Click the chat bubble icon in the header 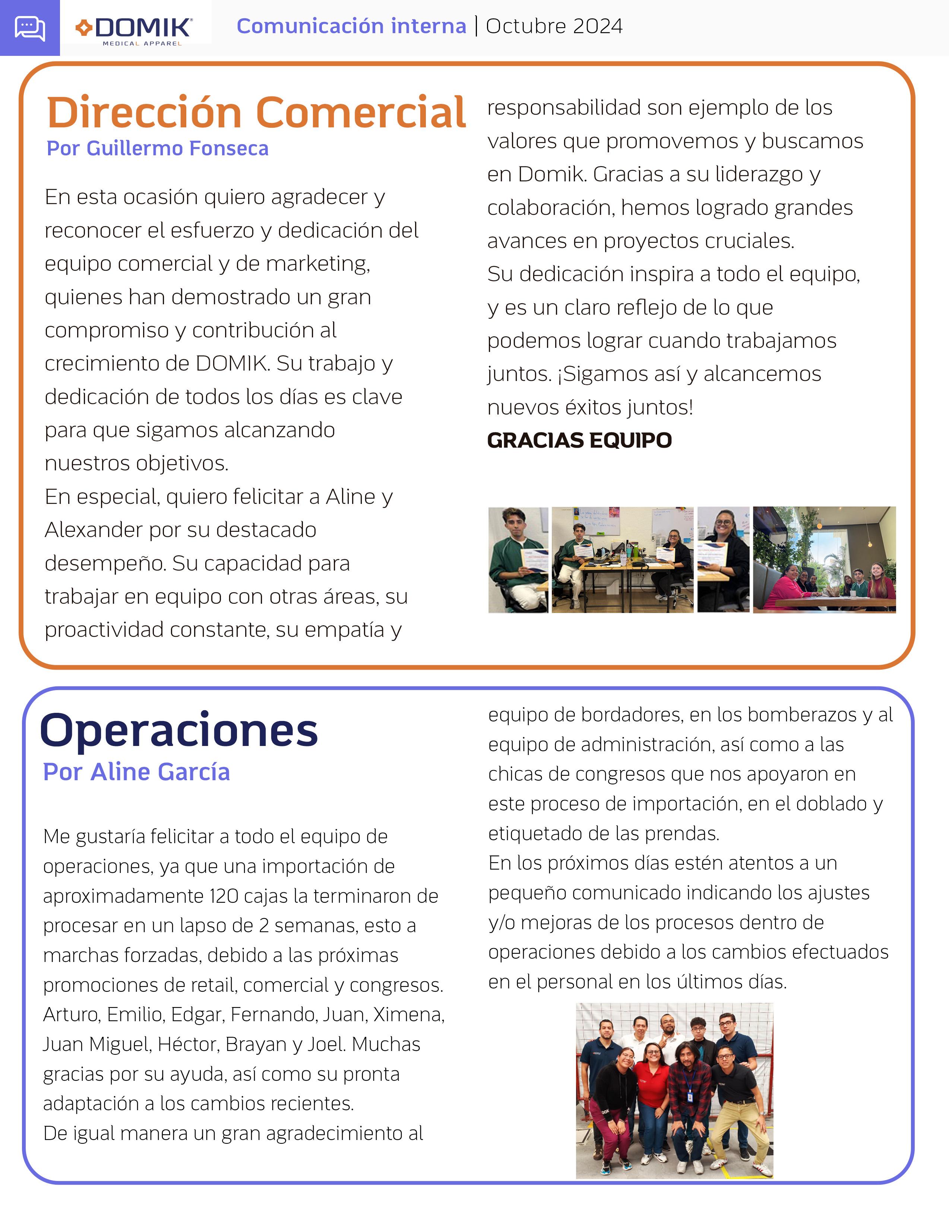coord(30,28)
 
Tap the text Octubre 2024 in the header coord(554,26)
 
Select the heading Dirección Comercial coord(256,112)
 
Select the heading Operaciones coord(179,730)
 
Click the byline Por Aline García coord(137,772)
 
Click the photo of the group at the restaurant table coord(824,559)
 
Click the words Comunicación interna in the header coord(351,26)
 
